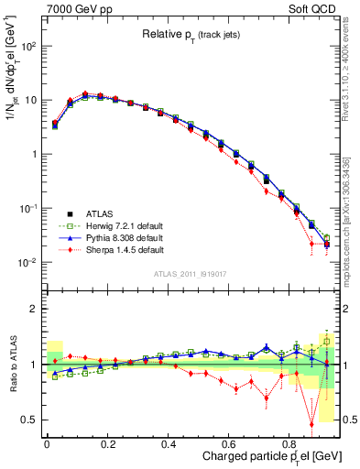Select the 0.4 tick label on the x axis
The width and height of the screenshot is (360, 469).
coord(169,443)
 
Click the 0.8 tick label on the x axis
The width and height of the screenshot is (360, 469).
coord(289,443)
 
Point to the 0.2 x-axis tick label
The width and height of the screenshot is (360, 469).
coord(107,443)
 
